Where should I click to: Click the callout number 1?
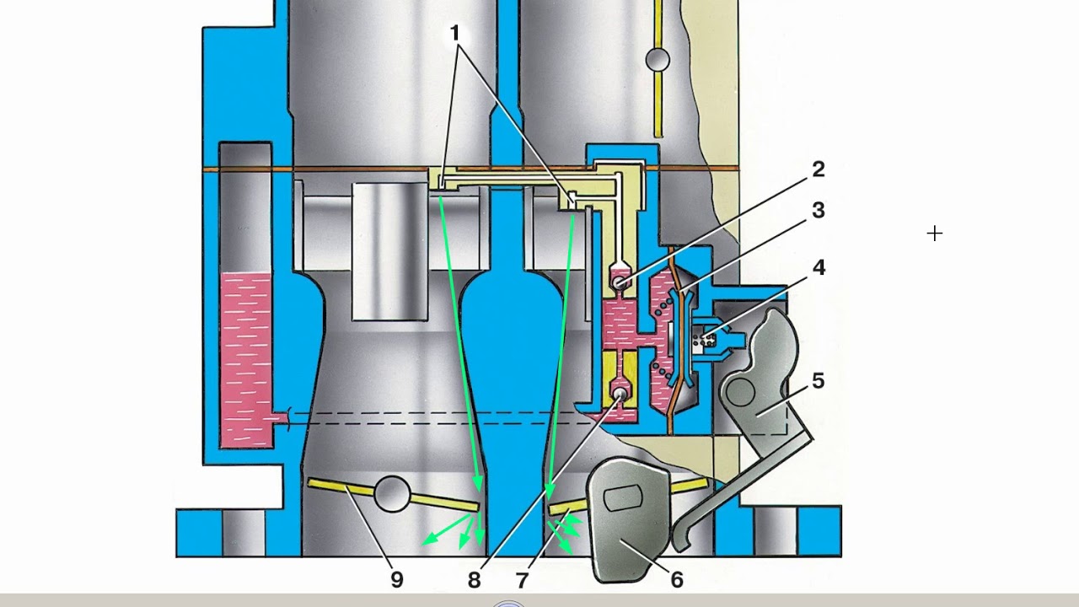pyautogui.click(x=454, y=33)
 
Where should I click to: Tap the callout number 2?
pyautogui.click(x=819, y=169)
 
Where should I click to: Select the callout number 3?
pyautogui.click(x=819, y=210)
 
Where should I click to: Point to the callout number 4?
pyautogui.click(x=819, y=267)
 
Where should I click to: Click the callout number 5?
pyautogui.click(x=819, y=380)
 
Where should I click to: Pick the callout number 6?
pyautogui.click(x=677, y=580)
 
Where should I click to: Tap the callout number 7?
pyautogui.click(x=523, y=580)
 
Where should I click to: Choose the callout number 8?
pyautogui.click(x=475, y=580)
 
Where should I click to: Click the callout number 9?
pyautogui.click(x=397, y=580)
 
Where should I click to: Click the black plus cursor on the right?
pyautogui.click(x=935, y=234)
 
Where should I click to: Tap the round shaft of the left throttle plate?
pyautogui.click(x=392, y=494)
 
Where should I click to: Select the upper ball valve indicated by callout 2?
pyautogui.click(x=620, y=282)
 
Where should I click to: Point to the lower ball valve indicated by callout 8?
pyautogui.click(x=620, y=394)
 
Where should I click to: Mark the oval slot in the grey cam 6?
pyautogui.click(x=622, y=498)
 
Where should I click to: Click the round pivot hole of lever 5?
pyautogui.click(x=740, y=392)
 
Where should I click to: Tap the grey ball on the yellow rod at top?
pyautogui.click(x=658, y=60)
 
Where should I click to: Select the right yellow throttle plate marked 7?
pyautogui.click(x=568, y=507)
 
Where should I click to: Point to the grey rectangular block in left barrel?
pyautogui.click(x=389, y=251)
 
